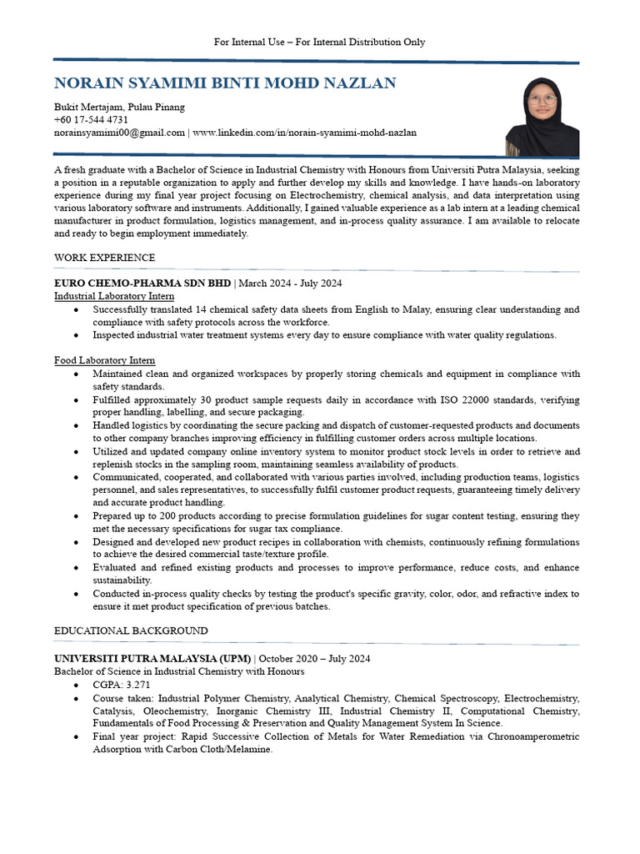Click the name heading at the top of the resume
coord(225,83)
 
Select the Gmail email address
coord(119,133)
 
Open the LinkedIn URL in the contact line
coord(305,133)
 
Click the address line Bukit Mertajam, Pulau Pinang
coord(119,108)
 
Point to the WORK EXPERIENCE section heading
coord(104,258)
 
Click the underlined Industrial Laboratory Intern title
coord(114,296)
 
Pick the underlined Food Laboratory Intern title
coord(104,360)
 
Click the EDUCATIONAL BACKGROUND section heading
coord(131,630)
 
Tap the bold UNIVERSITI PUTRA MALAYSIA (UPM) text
coord(152,659)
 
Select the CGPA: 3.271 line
coord(122,685)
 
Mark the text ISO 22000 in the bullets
coord(411,400)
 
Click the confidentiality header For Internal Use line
coord(319,42)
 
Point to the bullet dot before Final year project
coord(77,737)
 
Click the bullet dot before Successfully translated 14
coord(77,309)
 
